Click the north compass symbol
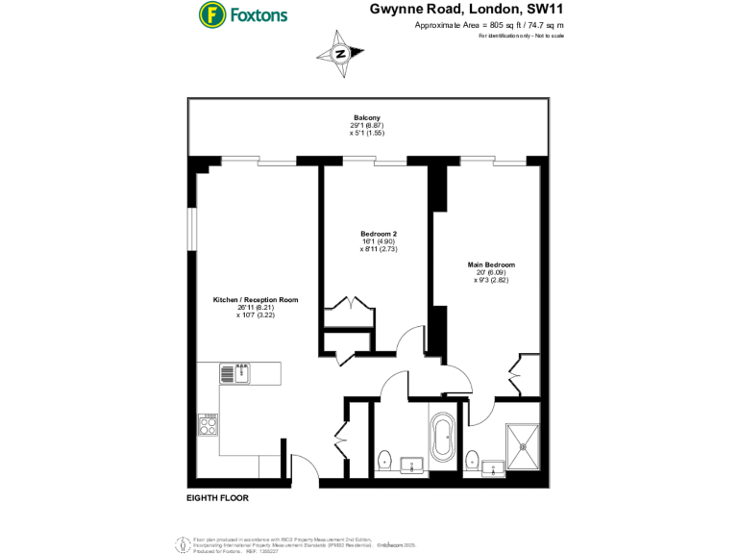pyautogui.click(x=340, y=55)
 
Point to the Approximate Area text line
pyautogui.click(x=488, y=24)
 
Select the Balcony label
pyautogui.click(x=366, y=118)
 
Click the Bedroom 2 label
pyautogui.click(x=379, y=234)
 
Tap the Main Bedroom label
pyautogui.click(x=491, y=264)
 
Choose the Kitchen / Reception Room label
pyautogui.click(x=255, y=300)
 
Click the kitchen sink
pyautogui.click(x=234, y=372)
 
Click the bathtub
pyautogui.click(x=443, y=438)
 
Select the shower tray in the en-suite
pyautogui.click(x=525, y=445)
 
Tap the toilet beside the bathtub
pyautogui.click(x=384, y=460)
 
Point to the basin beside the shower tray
pyautogui.click(x=493, y=469)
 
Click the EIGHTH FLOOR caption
pyautogui.click(x=218, y=499)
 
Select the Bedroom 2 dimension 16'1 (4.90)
pyautogui.click(x=379, y=241)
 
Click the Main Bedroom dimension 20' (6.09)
pyautogui.click(x=491, y=273)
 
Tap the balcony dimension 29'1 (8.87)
pyautogui.click(x=367, y=126)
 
